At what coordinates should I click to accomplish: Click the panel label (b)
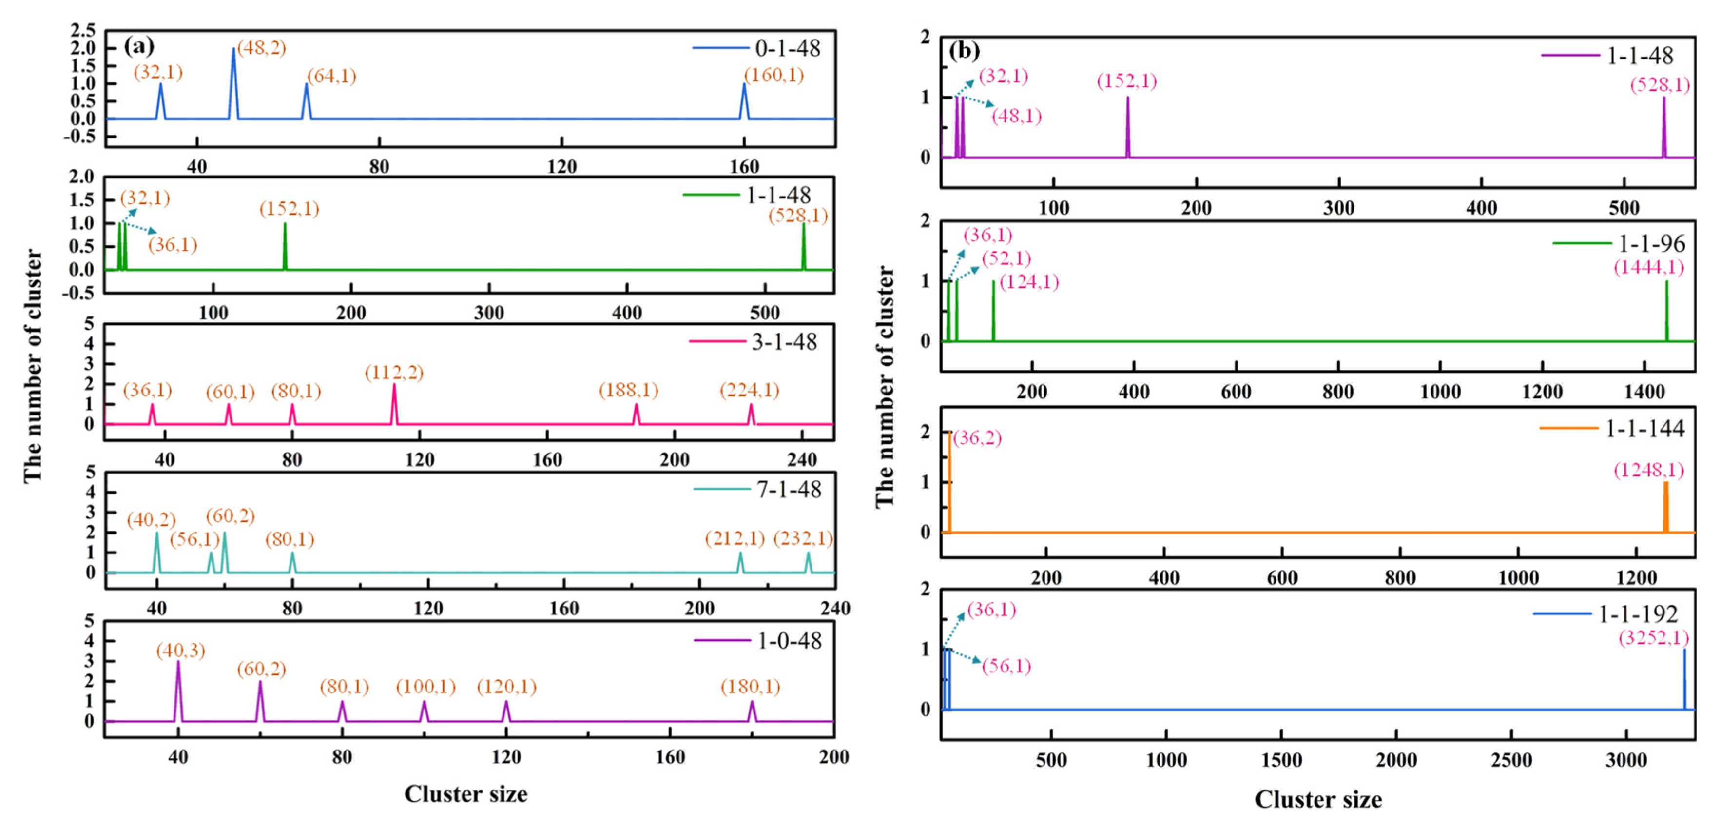(964, 51)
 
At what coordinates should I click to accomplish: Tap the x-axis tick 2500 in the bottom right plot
(1511, 760)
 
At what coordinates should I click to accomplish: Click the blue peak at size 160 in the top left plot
(744, 85)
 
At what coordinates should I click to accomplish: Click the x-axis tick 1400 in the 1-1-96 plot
(1644, 392)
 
